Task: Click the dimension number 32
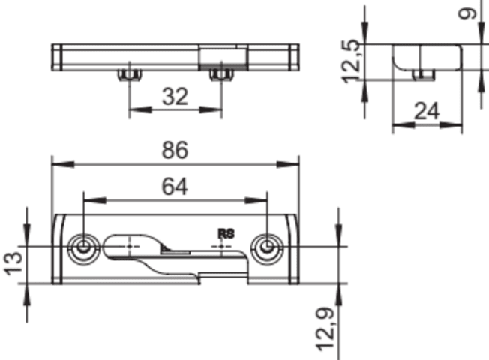pos(175,96)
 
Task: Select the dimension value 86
pos(175,150)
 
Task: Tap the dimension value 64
pos(175,187)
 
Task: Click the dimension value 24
pos(427,111)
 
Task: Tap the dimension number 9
pos(470,13)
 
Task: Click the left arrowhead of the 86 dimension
pos(63,164)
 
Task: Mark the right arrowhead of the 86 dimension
pos(287,164)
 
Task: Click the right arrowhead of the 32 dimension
pos(210,110)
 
